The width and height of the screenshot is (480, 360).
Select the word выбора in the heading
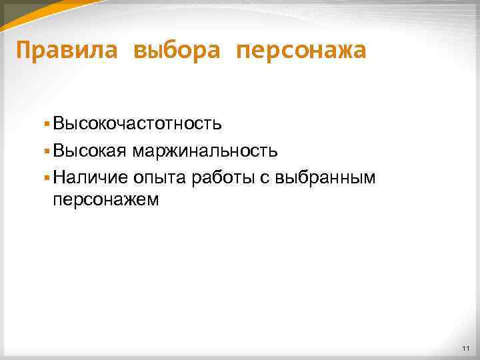point(176,50)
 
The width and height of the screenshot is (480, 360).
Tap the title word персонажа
point(301,50)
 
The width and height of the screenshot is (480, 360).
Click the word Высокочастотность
point(137,124)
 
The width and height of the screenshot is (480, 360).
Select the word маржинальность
point(205,151)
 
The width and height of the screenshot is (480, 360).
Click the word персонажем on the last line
point(106,199)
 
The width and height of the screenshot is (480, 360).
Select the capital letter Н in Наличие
point(59,177)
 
